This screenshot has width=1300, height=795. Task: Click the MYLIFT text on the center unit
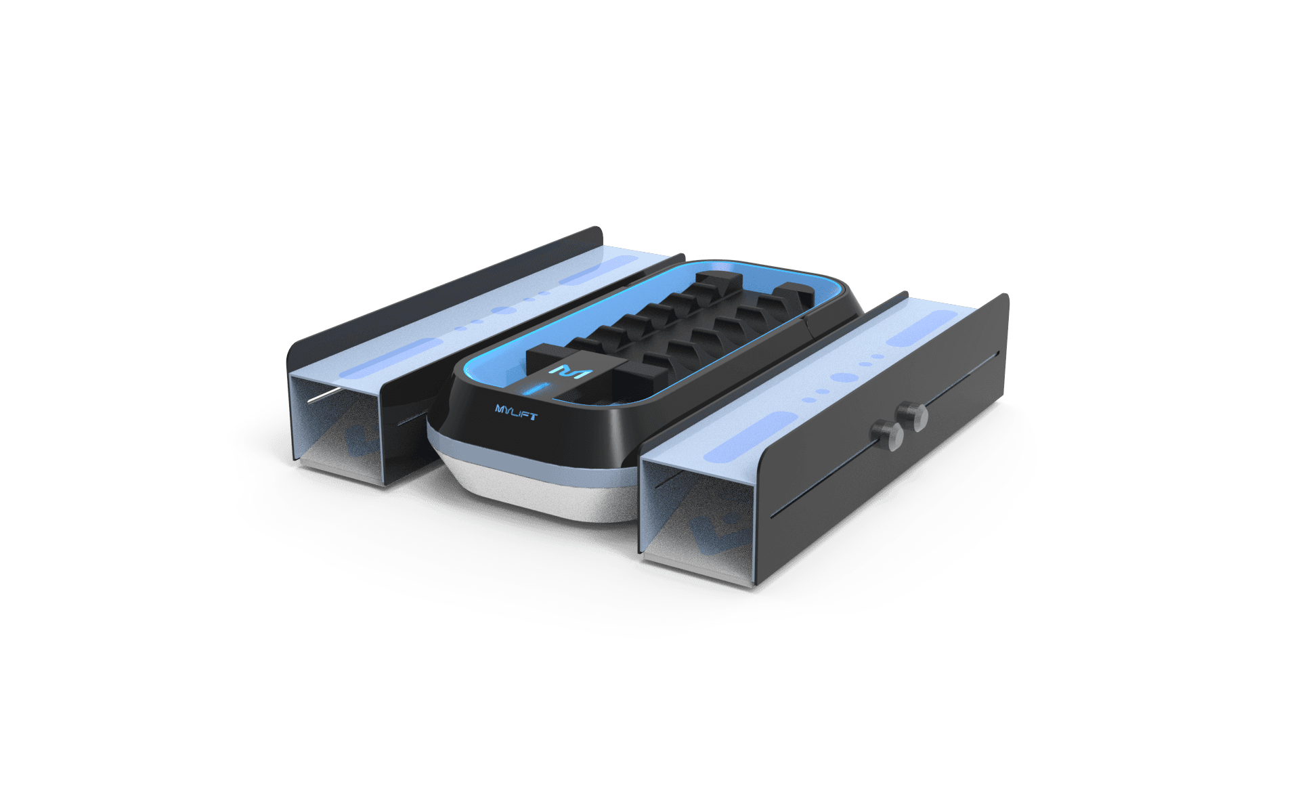517,411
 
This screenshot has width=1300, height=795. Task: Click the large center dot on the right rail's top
841,377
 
